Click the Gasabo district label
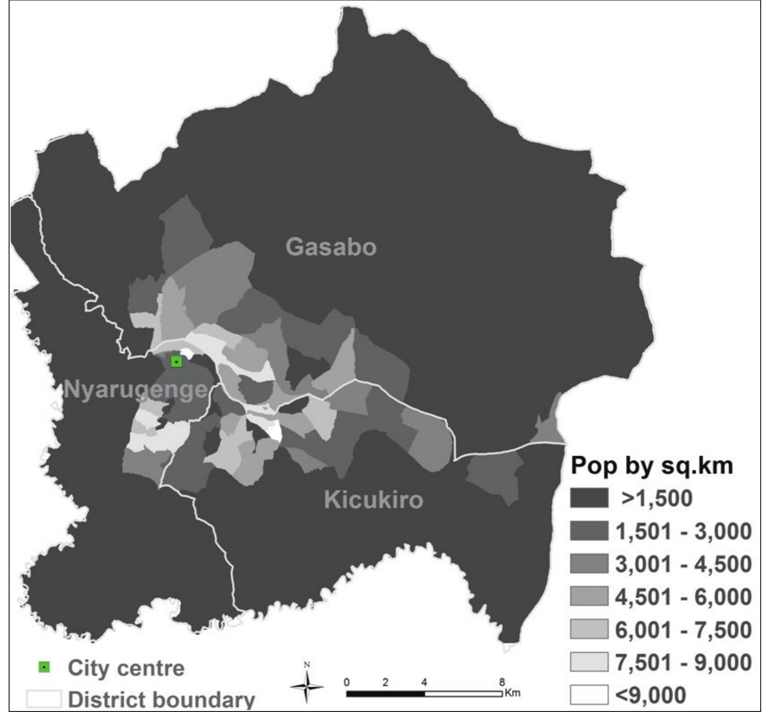pyautogui.click(x=331, y=247)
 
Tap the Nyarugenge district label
pyautogui.click(x=136, y=390)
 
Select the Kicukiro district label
pyautogui.click(x=374, y=500)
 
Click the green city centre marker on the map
pyautogui.click(x=176, y=362)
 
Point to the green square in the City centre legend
pyautogui.click(x=45, y=667)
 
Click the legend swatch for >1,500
pyautogui.click(x=589, y=498)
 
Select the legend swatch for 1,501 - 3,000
pyautogui.click(x=589, y=531)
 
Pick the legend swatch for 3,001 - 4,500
pyautogui.click(x=589, y=563)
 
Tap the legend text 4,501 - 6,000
pyautogui.click(x=683, y=597)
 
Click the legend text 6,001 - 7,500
pyautogui.click(x=683, y=630)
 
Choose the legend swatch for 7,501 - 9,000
pyautogui.click(x=589, y=662)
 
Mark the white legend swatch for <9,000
pyautogui.click(x=589, y=695)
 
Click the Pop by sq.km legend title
pyautogui.click(x=651, y=465)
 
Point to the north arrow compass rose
pyautogui.click(x=307, y=686)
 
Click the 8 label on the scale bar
pyautogui.click(x=502, y=682)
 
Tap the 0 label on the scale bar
pyautogui.click(x=347, y=682)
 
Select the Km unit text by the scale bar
pyautogui.click(x=512, y=693)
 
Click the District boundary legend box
pyautogui.click(x=44, y=699)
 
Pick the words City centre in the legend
pyautogui.click(x=126, y=668)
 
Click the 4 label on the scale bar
pyautogui.click(x=424, y=682)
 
